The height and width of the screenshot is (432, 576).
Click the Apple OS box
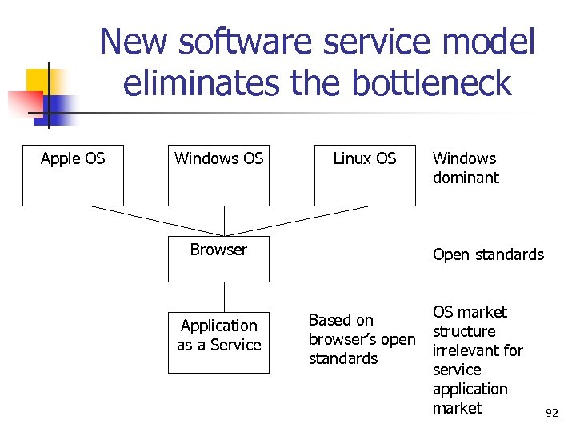pos(73,176)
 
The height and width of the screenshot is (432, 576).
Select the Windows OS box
pos(218,176)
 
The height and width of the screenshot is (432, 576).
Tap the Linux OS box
pos(364,176)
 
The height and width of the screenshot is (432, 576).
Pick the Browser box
pos(218,258)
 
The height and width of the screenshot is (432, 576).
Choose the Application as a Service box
pos(218,342)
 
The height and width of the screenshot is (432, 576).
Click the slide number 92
pos(551,414)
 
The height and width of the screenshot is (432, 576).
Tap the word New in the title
pos(134,42)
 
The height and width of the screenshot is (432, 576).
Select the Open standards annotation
pos(488,255)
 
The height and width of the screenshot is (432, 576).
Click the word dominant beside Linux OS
pos(466,178)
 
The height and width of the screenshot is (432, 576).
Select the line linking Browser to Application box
pos(224,296)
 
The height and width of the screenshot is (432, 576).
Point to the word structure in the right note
pos(464,331)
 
